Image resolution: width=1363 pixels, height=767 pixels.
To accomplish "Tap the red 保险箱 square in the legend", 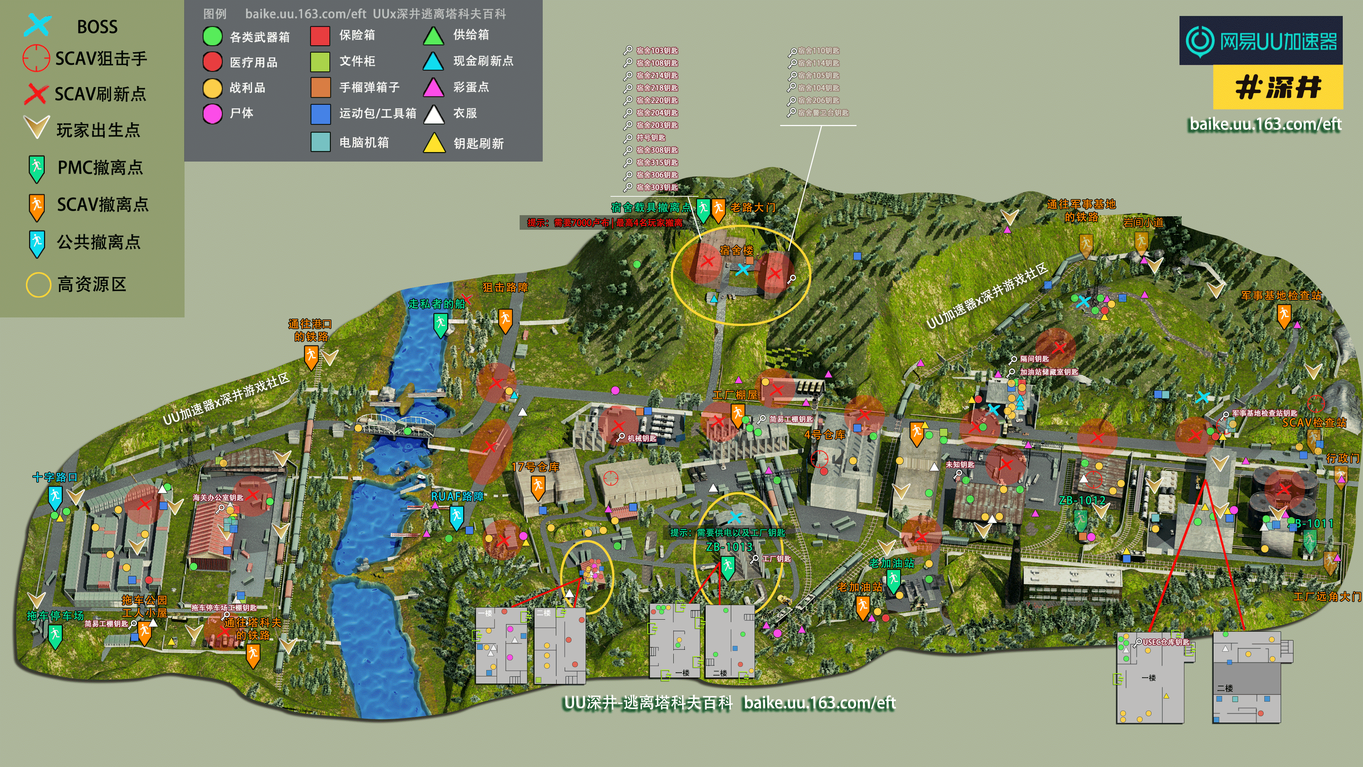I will tap(320, 36).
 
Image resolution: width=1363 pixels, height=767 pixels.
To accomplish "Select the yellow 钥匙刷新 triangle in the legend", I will tap(434, 143).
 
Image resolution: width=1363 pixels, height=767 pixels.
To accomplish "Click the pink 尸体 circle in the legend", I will tap(212, 113).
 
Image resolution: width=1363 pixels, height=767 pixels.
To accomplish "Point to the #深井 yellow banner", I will tap(1277, 87).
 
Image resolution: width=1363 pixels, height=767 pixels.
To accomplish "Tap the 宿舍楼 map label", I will tap(736, 250).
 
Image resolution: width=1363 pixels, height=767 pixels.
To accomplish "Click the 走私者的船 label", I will tap(437, 304).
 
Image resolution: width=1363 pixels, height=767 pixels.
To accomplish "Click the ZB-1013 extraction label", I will tap(729, 546).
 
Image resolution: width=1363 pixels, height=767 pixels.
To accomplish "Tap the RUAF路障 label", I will tap(457, 496).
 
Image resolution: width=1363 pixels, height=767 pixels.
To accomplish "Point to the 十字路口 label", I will tap(55, 477).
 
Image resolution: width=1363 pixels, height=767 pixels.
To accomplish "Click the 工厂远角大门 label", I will tap(1327, 597).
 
